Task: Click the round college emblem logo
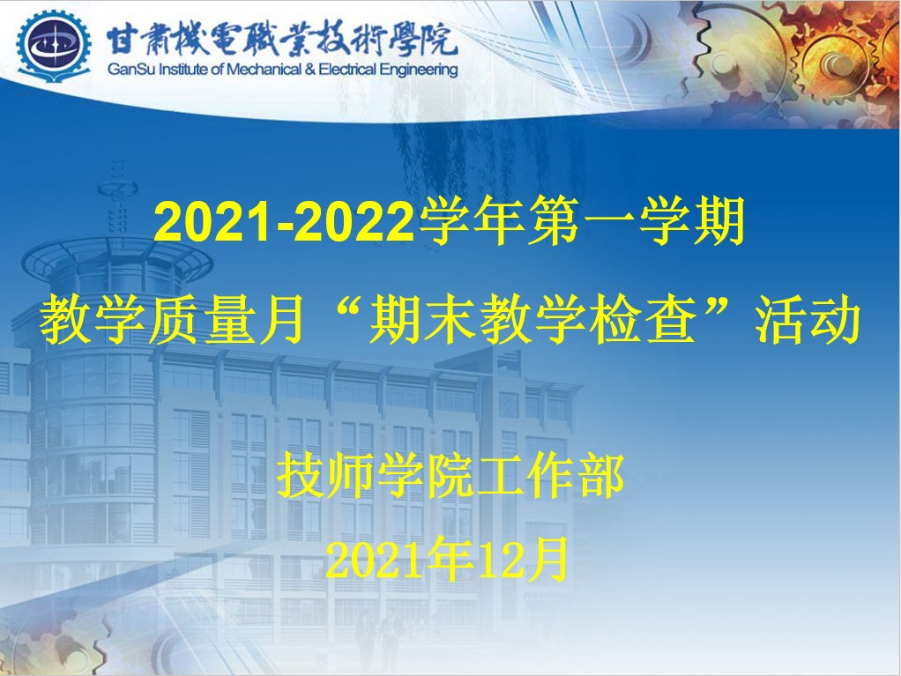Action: point(54,46)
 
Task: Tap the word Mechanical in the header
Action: point(264,71)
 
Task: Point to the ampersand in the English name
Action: point(310,71)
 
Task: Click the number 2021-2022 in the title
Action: point(284,222)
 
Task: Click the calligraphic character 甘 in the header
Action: point(122,39)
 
